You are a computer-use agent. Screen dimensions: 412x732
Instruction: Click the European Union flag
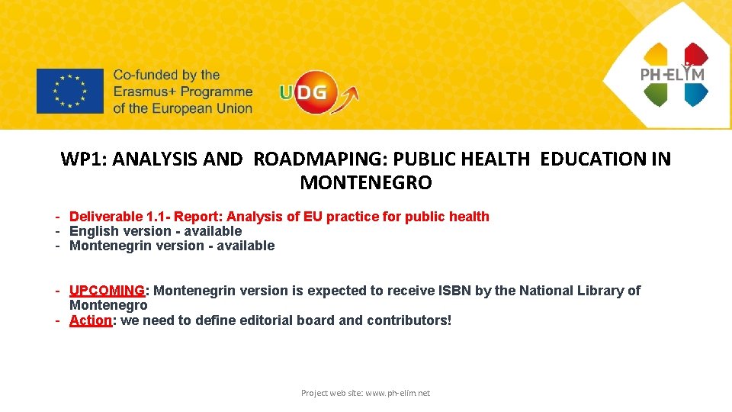(x=69, y=91)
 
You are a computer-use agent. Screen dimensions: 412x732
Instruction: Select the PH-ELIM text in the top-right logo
(x=672, y=74)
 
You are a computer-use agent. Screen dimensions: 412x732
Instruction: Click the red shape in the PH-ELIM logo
(x=695, y=55)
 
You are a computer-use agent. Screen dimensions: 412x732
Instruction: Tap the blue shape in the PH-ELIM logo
(x=695, y=94)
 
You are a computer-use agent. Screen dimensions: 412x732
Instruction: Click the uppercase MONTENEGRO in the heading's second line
(x=366, y=183)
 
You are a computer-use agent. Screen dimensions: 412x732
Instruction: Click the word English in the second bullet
(x=94, y=231)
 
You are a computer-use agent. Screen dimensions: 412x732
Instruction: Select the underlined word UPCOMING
(x=107, y=291)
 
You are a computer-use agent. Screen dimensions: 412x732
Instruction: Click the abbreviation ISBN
(x=448, y=291)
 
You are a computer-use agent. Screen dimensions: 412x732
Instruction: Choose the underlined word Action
(x=90, y=320)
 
